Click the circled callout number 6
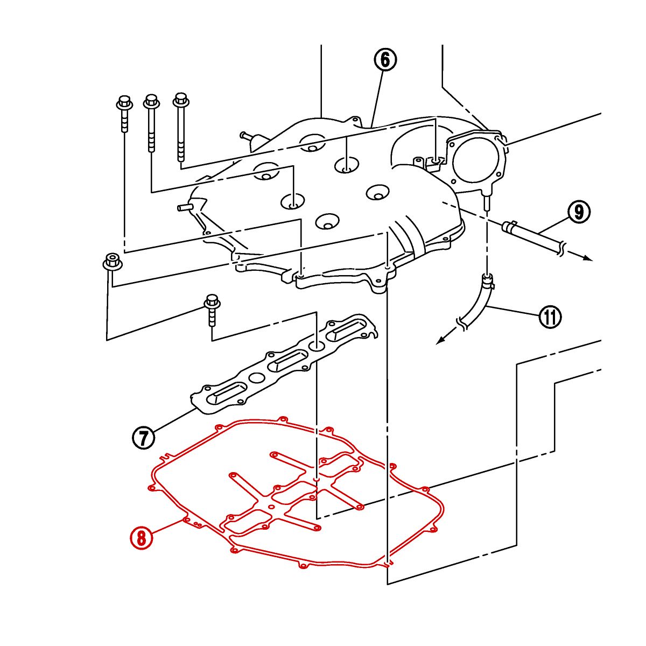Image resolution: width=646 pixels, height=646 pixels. point(385,60)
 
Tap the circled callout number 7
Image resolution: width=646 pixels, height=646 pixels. point(144,438)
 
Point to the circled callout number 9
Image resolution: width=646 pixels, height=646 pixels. point(579,212)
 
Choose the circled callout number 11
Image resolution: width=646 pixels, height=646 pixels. point(550,316)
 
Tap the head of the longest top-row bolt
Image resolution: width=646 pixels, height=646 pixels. point(181,100)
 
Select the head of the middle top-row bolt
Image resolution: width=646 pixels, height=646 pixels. point(151,101)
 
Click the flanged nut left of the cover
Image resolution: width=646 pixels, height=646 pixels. point(112,262)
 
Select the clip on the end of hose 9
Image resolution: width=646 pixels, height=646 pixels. point(510,226)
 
